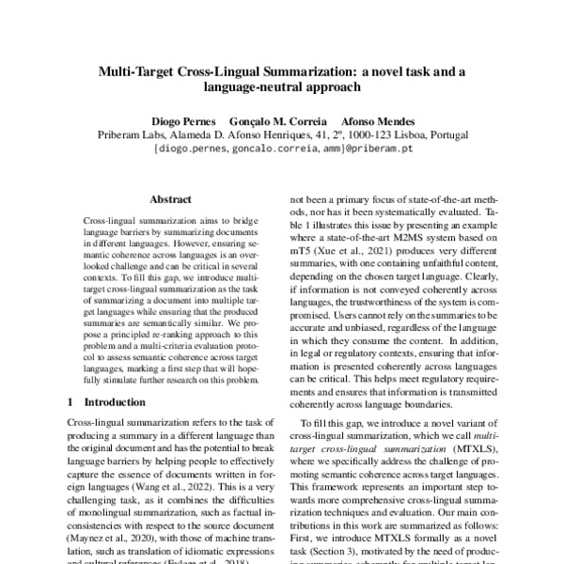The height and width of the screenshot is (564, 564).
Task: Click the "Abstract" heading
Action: point(170,200)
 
